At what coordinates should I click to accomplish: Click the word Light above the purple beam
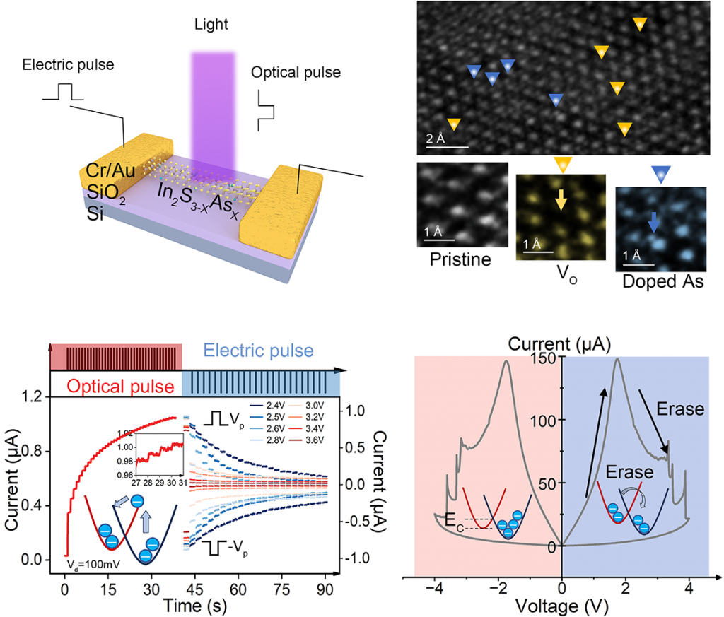pyautogui.click(x=213, y=25)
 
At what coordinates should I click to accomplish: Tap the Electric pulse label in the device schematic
pyautogui.click(x=68, y=66)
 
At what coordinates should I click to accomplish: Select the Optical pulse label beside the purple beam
pyautogui.click(x=296, y=73)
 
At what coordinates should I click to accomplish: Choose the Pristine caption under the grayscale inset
pyautogui.click(x=460, y=259)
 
